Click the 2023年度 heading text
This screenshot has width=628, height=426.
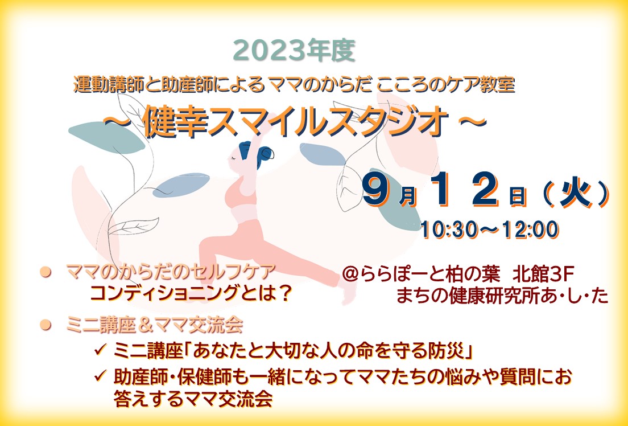[294, 51]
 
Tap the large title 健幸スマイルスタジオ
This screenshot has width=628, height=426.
[295, 122]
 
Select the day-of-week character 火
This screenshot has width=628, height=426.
[576, 194]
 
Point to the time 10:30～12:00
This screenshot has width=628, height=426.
[489, 230]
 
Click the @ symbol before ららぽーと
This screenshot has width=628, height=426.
[350, 275]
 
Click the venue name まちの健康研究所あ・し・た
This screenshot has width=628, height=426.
[502, 296]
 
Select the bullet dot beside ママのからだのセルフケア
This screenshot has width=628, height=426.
[46, 272]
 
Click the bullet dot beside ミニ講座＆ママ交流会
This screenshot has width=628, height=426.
[46, 325]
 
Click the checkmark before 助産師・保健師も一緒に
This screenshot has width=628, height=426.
[100, 376]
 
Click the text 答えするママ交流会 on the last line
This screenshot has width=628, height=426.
[193, 399]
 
